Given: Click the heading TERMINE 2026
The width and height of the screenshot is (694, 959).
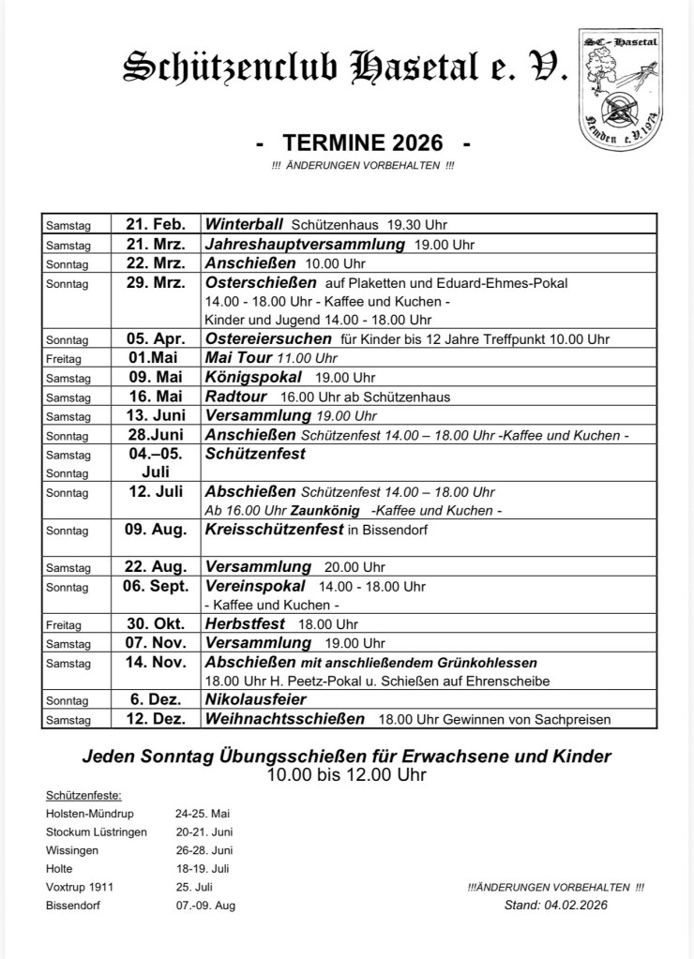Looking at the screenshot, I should (x=362, y=143).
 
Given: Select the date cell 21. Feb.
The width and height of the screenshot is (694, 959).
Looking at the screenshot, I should (x=156, y=225).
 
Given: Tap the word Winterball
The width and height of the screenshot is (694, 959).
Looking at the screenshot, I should (x=244, y=225).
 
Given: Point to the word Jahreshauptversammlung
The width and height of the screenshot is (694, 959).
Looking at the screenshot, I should (x=304, y=244).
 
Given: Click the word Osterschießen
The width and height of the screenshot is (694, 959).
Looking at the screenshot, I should (x=262, y=282).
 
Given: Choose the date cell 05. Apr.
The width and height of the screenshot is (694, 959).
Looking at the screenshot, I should (x=156, y=338).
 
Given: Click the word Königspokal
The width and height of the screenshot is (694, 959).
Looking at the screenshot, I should (x=253, y=377).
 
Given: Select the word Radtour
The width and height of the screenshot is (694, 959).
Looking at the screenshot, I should (x=234, y=396).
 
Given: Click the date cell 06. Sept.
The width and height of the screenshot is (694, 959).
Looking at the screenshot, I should (x=156, y=586).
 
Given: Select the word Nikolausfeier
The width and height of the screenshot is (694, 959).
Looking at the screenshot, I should (x=255, y=699).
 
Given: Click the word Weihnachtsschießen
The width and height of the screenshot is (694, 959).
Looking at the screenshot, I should (x=285, y=719).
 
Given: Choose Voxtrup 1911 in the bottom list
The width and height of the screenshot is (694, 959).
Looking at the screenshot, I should (x=80, y=887).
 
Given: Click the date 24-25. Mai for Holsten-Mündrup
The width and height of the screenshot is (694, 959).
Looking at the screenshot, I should (x=203, y=813).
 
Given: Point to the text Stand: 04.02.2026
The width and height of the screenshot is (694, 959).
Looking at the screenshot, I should (x=556, y=905).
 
